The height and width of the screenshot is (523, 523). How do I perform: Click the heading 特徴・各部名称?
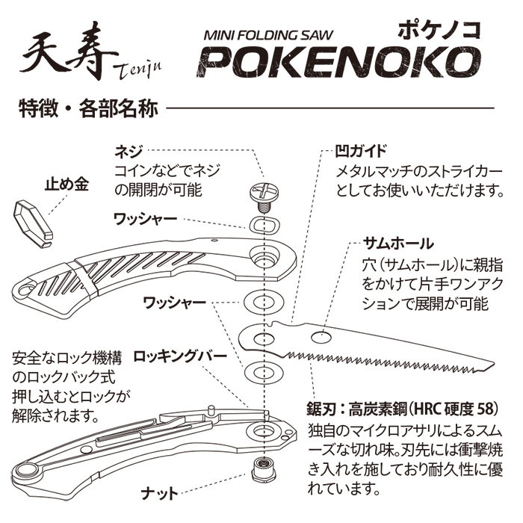point(88,108)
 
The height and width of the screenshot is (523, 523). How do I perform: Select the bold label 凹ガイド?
point(356,149)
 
